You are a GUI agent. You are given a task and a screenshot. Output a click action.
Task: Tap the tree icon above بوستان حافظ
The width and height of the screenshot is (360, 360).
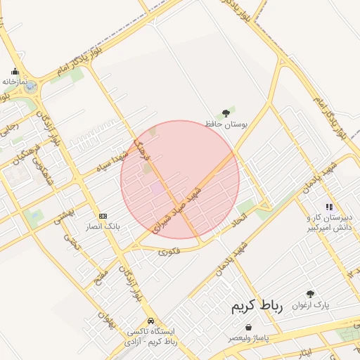click(226, 112)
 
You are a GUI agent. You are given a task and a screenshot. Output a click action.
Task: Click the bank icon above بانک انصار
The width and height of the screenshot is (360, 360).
click(103, 216)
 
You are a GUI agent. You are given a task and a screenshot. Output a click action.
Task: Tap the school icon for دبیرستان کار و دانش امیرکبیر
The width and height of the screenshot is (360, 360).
click(329, 207)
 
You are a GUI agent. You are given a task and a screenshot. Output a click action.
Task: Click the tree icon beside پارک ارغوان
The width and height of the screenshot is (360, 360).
click(311, 294)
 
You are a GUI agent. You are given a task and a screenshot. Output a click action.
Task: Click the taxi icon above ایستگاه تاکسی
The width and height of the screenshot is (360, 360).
click(150, 320)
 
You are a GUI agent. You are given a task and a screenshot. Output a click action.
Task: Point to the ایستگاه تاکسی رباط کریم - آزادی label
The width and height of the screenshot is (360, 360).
click(150, 335)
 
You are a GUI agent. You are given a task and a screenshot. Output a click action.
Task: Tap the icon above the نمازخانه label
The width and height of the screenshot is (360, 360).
click(15, 71)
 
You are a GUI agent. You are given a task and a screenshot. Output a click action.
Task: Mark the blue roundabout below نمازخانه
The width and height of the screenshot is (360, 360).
click(30, 88)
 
